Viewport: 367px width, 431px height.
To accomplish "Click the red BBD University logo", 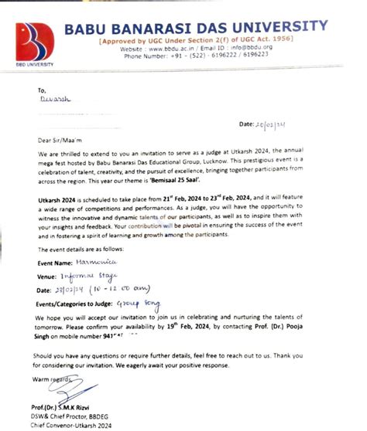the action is tap(35, 42).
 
